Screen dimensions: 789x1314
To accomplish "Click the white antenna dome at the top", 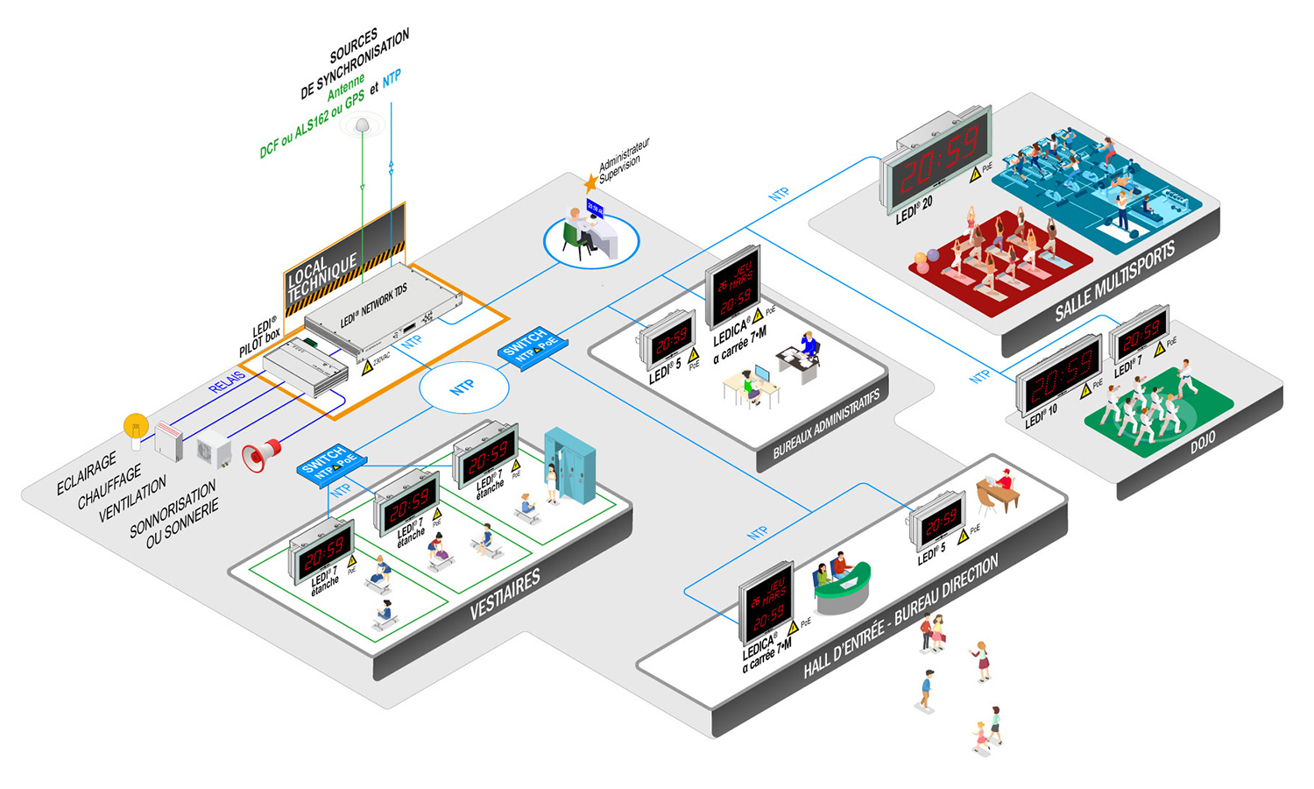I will coord(362,126).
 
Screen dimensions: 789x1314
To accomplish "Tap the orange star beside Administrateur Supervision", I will coord(590,182).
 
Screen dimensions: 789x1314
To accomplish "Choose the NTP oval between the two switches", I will coord(463,387).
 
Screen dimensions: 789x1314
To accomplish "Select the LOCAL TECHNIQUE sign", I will coord(321,274).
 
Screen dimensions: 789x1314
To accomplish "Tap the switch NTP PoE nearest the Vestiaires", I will coord(329,462).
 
